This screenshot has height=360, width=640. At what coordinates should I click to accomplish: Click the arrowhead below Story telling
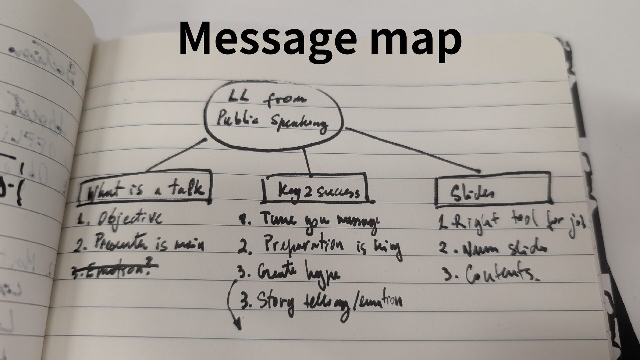237,325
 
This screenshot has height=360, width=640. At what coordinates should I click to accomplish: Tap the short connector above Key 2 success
307,162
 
